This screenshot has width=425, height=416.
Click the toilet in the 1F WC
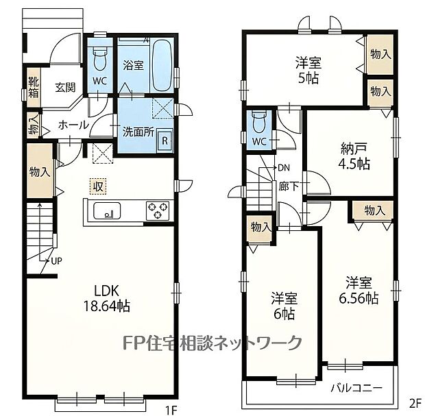click(100, 59)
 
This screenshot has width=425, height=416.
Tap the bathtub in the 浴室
click(162, 66)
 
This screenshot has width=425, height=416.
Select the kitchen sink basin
click(107, 210)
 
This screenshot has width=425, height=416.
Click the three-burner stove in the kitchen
click(158, 210)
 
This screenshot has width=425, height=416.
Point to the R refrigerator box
click(165, 141)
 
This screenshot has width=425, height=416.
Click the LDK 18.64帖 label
click(106, 299)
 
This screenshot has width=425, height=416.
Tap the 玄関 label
click(65, 88)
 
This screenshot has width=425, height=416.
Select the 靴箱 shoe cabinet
click(34, 87)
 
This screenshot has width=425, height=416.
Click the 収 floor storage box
click(98, 186)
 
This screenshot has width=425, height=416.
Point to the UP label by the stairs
click(57, 261)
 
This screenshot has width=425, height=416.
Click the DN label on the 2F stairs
click(284, 168)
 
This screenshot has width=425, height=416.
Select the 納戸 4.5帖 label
click(354, 156)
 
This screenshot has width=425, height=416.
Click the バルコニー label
click(356, 389)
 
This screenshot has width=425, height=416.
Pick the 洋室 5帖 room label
click(308, 71)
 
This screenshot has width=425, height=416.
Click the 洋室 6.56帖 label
click(359, 291)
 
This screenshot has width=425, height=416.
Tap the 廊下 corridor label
click(289, 186)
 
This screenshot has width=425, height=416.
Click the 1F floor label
click(171, 409)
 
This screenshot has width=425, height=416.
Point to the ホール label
click(73, 125)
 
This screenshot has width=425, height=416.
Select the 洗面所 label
click(138, 132)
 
